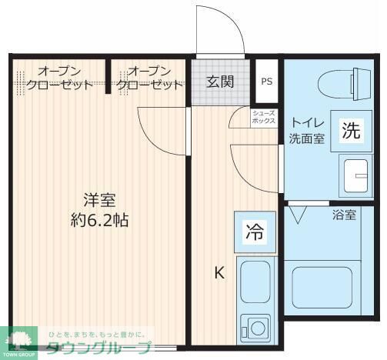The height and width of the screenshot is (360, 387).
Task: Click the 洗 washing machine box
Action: tap(351, 131)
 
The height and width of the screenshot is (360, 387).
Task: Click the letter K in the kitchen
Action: tap(219, 272)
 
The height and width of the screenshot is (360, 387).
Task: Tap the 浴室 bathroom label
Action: tap(344, 215)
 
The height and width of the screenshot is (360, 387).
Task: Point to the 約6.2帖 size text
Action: tap(98, 220)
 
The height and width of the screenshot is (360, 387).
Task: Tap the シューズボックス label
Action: tap(264, 117)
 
